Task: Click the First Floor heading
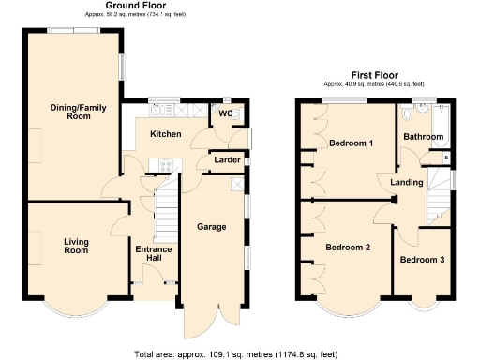[x=375, y=75]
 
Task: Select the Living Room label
[x=76, y=246]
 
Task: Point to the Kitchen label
[x=166, y=135]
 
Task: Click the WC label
[x=224, y=113]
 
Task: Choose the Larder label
[x=227, y=160]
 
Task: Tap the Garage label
[x=212, y=226]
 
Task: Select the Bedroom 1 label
[x=351, y=142]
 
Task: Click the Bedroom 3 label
[x=422, y=259]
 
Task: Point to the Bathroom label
[x=423, y=137]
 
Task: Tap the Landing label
[x=407, y=181]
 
